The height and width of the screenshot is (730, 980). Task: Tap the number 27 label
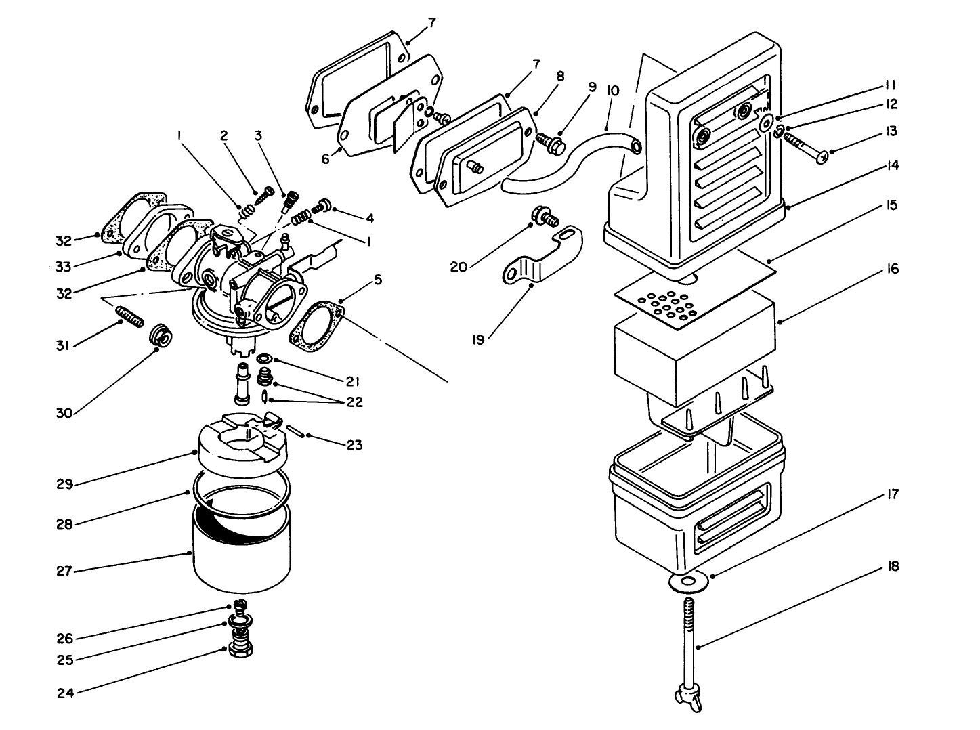point(64,571)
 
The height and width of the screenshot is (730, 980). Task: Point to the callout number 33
point(63,267)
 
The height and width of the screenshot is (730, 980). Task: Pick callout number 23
point(354,445)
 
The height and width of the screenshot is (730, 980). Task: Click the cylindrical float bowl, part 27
point(242,552)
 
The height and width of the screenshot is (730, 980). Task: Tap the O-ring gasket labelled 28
point(242,489)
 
